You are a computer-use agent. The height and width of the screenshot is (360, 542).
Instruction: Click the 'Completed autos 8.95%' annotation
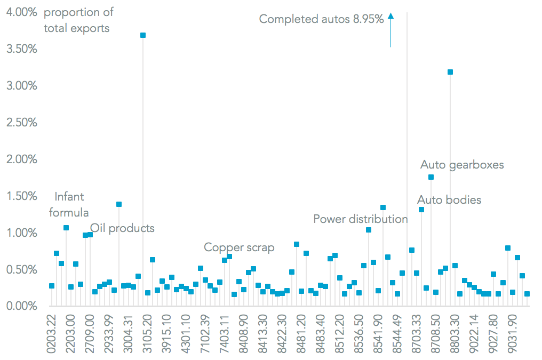click(321, 19)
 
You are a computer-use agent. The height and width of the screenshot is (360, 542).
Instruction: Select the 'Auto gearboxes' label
click(462, 165)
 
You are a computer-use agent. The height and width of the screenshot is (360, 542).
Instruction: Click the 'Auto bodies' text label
click(449, 200)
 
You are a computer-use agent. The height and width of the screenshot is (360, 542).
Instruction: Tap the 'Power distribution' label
click(361, 219)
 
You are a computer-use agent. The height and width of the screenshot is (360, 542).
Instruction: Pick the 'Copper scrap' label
click(239, 247)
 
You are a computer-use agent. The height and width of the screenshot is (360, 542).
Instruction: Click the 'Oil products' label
click(122, 228)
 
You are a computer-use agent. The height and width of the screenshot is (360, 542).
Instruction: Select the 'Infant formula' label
click(69, 204)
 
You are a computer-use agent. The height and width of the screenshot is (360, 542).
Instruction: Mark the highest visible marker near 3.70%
click(143, 35)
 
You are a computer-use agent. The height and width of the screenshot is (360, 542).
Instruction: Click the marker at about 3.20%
click(450, 72)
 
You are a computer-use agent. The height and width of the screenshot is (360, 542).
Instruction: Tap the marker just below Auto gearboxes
click(431, 177)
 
